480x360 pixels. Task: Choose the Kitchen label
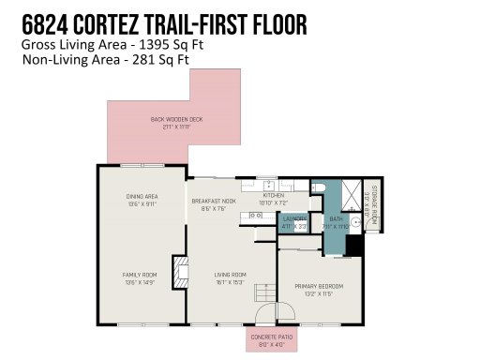(x=274, y=199)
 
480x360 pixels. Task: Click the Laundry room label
(x=294, y=222)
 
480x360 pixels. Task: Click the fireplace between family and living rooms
(x=177, y=267)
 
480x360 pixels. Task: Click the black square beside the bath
(x=353, y=245)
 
